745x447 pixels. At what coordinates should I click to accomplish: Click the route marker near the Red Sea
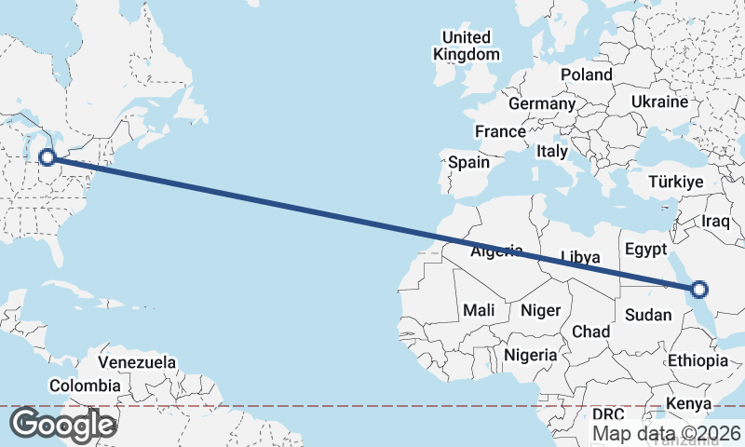click(x=699, y=289)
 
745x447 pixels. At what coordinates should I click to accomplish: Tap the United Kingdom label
click(x=467, y=46)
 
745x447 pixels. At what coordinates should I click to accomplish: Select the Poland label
click(x=587, y=74)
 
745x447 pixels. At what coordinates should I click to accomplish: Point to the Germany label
click(x=542, y=103)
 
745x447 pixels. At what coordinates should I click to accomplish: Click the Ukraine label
click(x=659, y=102)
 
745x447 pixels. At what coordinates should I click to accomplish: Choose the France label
click(x=500, y=131)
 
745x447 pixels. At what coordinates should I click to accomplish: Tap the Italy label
click(x=552, y=151)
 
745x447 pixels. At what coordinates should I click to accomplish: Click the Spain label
click(x=468, y=162)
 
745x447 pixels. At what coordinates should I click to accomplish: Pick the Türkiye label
click(x=674, y=183)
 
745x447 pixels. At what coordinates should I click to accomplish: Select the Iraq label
click(x=717, y=221)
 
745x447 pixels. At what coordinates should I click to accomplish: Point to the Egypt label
click(x=646, y=250)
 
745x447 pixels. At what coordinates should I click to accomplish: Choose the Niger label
click(x=539, y=309)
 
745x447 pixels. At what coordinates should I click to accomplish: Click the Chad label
click(x=590, y=332)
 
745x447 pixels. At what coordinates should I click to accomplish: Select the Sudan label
click(x=648, y=315)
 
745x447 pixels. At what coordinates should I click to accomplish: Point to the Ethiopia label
click(x=697, y=360)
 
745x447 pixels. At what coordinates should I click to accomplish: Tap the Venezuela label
click(x=137, y=361)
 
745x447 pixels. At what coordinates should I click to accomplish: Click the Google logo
click(x=62, y=425)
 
